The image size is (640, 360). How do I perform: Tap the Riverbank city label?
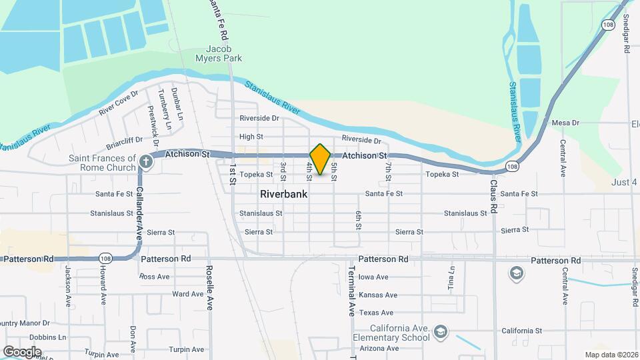point(283,195)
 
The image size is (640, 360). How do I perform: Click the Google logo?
point(22,352)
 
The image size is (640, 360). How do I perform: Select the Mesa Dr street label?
point(566,123)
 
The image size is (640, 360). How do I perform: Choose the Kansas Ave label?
point(377,295)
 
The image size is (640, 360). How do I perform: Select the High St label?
point(251,137)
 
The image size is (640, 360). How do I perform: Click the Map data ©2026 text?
point(611,355)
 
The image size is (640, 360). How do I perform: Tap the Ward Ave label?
point(187,294)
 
